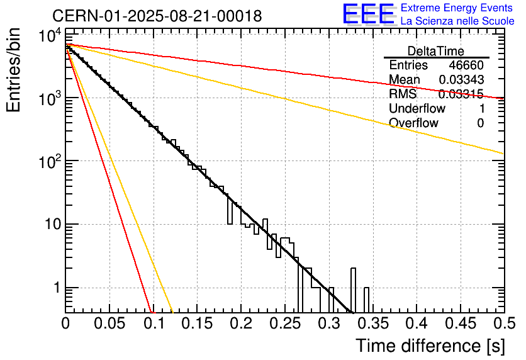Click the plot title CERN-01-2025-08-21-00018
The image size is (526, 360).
[157, 15]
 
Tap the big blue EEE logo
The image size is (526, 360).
[368, 15]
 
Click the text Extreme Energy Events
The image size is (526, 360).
[457, 8]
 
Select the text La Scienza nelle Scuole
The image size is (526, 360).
[457, 21]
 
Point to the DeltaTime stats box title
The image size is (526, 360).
[436, 51]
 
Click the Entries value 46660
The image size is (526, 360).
[466, 65]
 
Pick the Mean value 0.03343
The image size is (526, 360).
[461, 80]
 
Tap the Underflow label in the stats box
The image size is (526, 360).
[417, 109]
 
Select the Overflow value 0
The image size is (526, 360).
[480, 123]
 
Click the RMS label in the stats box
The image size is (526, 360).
[403, 94]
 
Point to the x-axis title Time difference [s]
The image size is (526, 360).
[430, 346]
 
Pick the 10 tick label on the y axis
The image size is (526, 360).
[48, 225]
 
